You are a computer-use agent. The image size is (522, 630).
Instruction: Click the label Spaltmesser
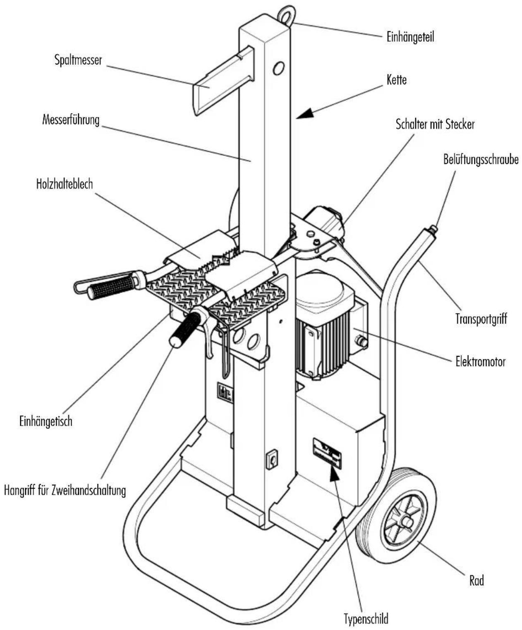click(x=78, y=60)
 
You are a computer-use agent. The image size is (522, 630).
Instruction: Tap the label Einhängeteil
click(x=410, y=37)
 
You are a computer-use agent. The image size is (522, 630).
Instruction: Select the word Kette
click(x=397, y=80)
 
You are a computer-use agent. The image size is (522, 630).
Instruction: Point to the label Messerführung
click(x=71, y=120)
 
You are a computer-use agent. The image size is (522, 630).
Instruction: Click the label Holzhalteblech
click(x=64, y=184)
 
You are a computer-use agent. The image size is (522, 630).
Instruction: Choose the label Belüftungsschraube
click(x=481, y=159)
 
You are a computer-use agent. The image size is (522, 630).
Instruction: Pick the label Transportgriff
click(x=481, y=319)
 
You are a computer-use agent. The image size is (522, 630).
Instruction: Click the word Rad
click(x=477, y=580)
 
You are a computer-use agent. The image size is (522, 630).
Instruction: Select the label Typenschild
click(x=366, y=617)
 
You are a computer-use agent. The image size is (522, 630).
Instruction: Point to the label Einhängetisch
click(x=46, y=421)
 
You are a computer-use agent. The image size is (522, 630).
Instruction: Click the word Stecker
click(x=462, y=124)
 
